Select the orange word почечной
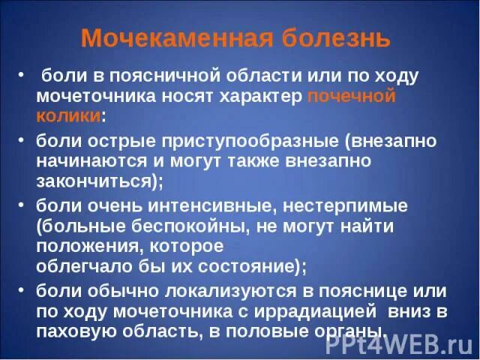[351, 97]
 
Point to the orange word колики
[68, 116]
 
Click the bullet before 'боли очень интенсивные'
[20, 205]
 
